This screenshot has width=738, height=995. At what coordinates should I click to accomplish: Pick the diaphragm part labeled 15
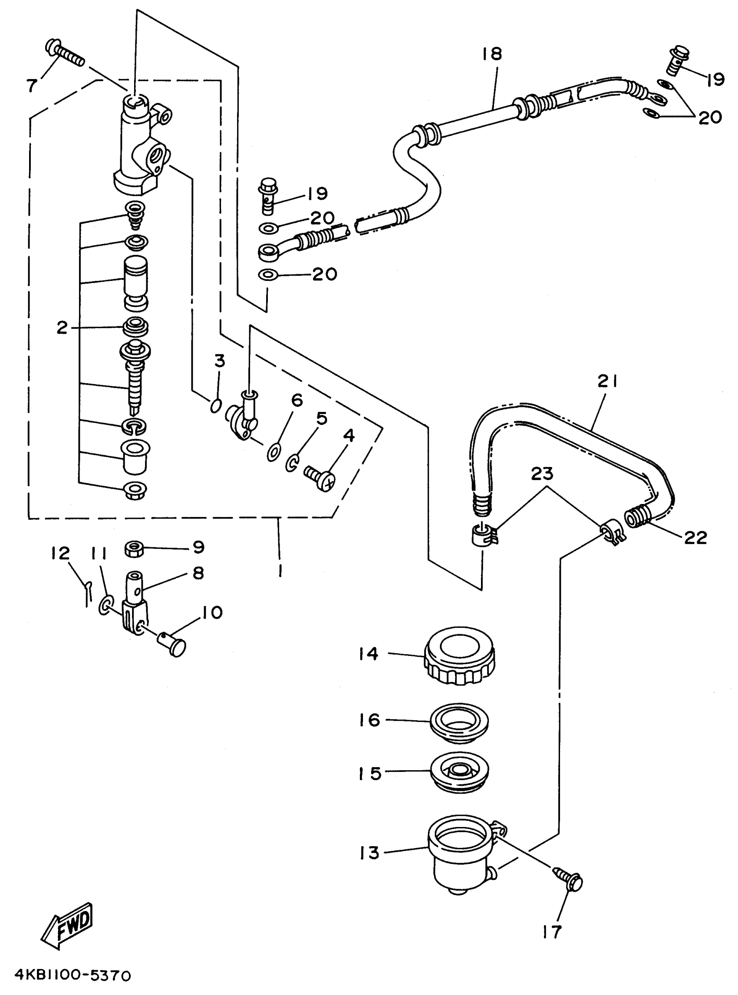coord(459,771)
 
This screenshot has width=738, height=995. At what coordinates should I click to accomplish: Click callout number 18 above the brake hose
coord(492,54)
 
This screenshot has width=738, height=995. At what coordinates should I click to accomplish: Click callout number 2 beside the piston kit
coord(62,328)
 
